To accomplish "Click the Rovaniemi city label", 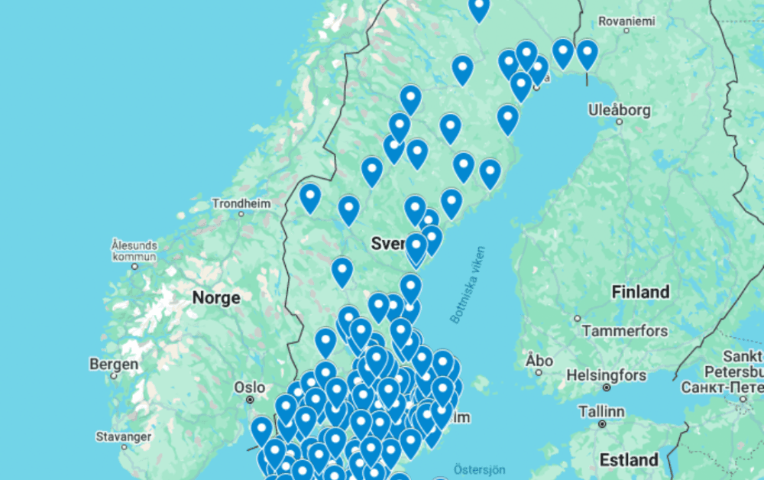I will (626, 21).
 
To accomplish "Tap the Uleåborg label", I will (620, 110).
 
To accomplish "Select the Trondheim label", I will (241, 203).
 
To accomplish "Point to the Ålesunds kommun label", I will (134, 251).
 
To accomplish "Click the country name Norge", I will (215, 297).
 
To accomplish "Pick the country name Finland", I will (640, 292).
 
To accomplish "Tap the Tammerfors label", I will (625, 331).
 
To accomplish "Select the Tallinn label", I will (601, 411).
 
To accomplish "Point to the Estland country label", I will (629, 459).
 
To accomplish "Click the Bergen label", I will (114, 364).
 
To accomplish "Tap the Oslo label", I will (249, 386).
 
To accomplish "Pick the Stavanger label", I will (123, 436).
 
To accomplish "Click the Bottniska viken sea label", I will (468, 284).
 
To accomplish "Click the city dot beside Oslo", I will (250, 399).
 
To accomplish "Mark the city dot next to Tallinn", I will (602, 423).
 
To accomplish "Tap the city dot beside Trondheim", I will (241, 215).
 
